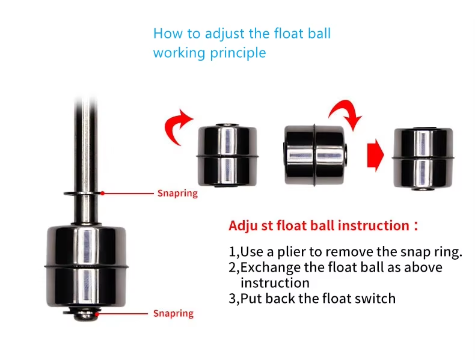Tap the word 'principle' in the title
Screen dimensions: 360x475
[x=237, y=53]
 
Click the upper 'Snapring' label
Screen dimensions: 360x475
[x=177, y=194]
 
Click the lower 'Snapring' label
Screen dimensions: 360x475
[x=173, y=313]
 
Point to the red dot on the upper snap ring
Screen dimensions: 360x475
[x=103, y=193]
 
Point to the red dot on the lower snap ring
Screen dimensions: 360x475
[x=97, y=313]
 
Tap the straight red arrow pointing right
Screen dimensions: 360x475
[x=375, y=155]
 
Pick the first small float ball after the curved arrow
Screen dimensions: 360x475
[x=227, y=156]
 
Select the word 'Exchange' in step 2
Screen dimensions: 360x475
[x=269, y=267]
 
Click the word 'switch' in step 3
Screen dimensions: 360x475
[x=375, y=297]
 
